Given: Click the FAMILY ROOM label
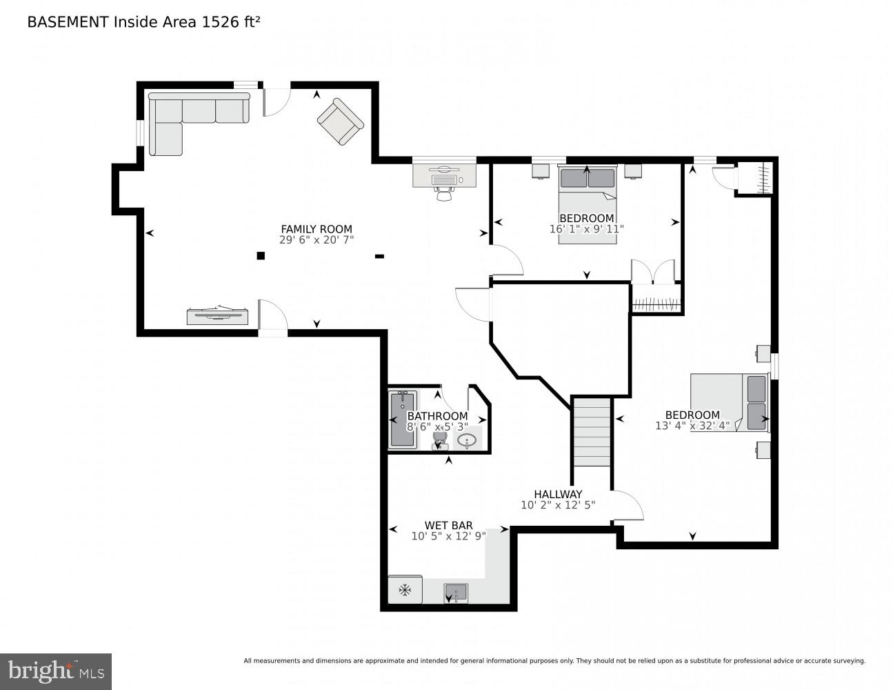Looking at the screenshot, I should click(316, 229).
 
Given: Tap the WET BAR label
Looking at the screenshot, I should click(448, 525).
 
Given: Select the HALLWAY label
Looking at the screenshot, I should click(558, 494).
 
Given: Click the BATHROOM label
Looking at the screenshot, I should click(437, 416).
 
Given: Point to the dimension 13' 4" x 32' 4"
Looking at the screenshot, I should click(692, 426).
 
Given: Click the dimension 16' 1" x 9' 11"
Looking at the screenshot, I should click(586, 229).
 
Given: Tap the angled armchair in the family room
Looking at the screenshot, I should click(340, 121).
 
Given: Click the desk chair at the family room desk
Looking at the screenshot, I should click(443, 194).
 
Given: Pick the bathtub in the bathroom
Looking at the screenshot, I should click(402, 419).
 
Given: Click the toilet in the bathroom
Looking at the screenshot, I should click(439, 440).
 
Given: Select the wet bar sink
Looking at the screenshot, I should click(455, 592).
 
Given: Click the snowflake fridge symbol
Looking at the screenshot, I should click(405, 590).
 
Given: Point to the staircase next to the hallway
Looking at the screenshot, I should click(592, 432).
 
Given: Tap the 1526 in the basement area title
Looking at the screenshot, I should click(217, 22).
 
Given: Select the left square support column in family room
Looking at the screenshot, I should click(261, 256).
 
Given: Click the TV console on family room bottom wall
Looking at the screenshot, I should click(217, 316).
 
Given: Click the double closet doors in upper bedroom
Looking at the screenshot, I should click(652, 271).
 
